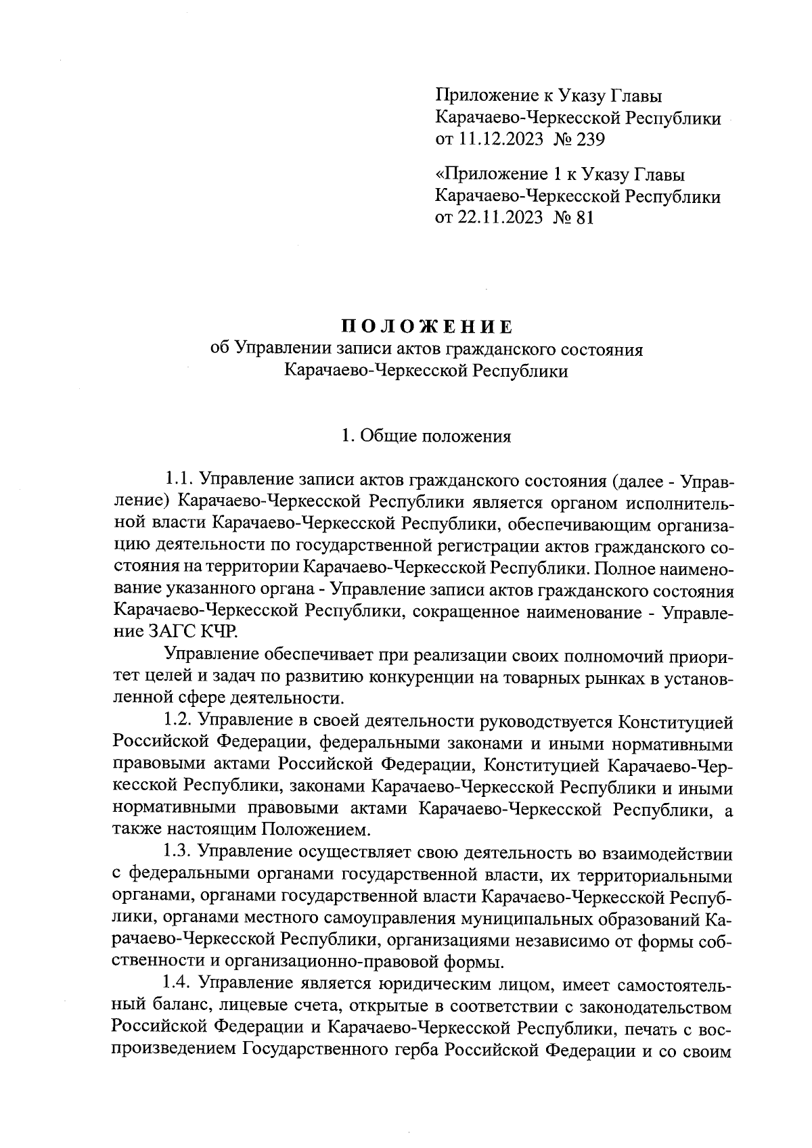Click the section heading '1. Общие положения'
coord(426,436)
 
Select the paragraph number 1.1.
coord(179,480)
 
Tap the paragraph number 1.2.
coord(179,722)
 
